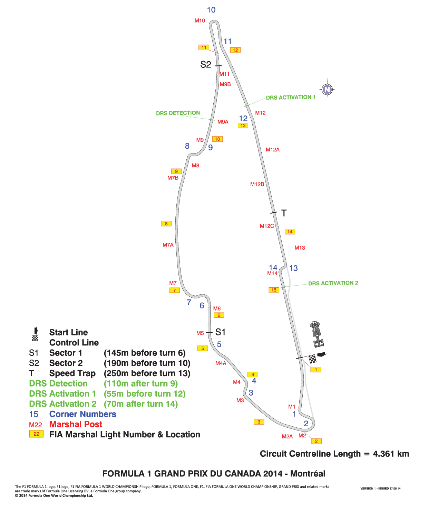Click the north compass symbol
point(327,90)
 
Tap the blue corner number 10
point(211,10)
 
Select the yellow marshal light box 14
point(290,232)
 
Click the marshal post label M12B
point(257,184)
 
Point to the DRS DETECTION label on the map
point(178,113)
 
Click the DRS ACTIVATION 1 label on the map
point(291,97)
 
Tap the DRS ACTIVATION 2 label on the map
point(333,283)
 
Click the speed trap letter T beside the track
point(284,213)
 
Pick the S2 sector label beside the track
point(206,64)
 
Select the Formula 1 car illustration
point(317,333)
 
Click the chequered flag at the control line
point(312,359)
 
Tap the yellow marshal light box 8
point(166,223)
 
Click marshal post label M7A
point(168,245)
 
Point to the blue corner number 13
point(293,268)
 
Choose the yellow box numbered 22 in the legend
point(36,434)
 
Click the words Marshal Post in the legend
point(76,424)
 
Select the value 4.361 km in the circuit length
point(391,454)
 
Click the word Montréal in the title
point(308,474)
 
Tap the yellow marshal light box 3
point(259,422)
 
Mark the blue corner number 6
point(202,306)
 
